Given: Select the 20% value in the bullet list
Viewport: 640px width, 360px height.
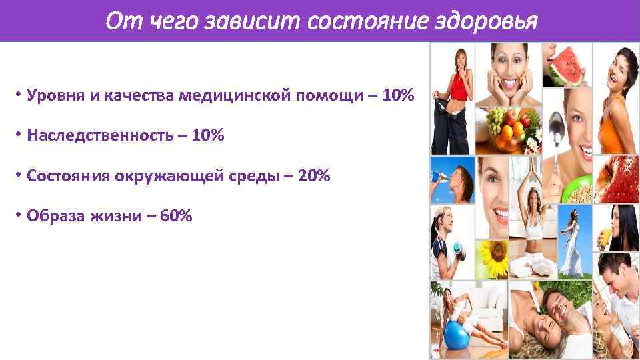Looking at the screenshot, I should click(315, 177).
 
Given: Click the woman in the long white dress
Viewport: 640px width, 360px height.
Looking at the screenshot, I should click(572, 247).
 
